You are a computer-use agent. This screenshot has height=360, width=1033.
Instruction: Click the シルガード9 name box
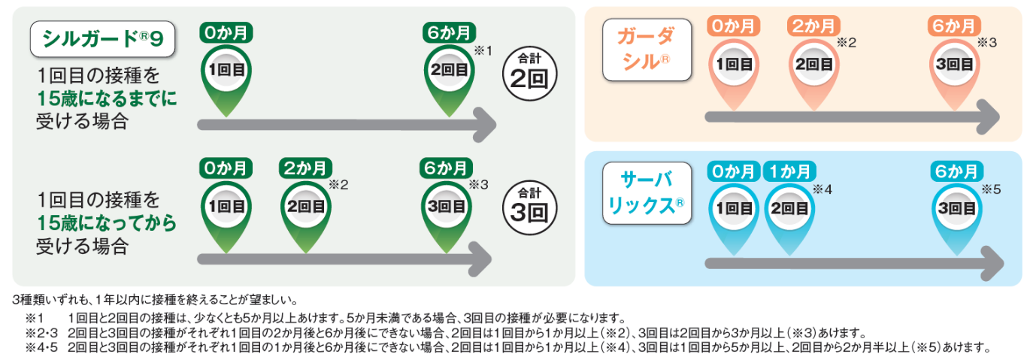coord(102,39)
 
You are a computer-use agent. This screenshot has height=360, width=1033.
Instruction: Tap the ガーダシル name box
coord(646,50)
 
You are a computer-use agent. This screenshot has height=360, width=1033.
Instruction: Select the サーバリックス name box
coord(646,192)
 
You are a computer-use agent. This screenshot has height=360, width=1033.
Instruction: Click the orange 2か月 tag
coord(812,26)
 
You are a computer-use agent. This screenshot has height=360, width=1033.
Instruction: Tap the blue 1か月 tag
coord(789,171)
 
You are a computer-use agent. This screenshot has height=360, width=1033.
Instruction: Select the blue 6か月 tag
coord(955,171)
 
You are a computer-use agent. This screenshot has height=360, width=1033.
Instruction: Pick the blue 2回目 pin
coord(791,209)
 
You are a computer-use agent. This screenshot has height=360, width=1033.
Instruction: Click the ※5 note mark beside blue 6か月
coord(991,189)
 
